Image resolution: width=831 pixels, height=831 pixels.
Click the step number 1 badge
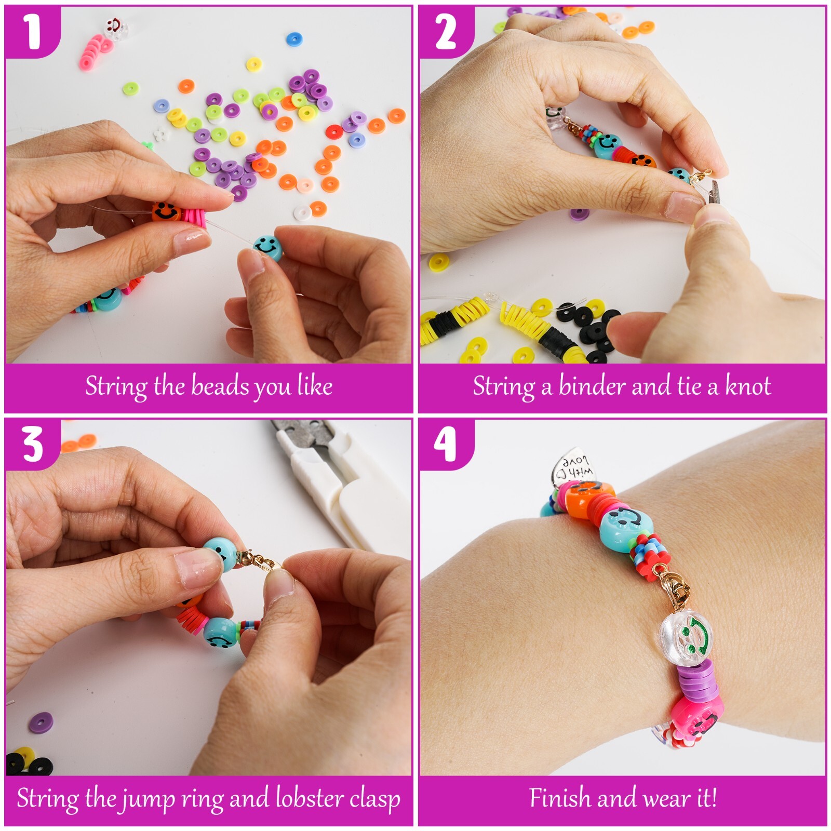[32, 31]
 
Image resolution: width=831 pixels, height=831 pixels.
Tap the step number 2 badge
[446, 31]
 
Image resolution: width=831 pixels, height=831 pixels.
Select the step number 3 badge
[32, 445]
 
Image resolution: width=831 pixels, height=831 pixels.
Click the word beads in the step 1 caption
[220, 386]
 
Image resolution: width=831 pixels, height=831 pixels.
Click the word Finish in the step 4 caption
[560, 798]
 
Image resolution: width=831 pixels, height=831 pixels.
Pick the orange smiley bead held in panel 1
[166, 212]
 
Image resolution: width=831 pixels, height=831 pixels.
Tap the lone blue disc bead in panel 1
[294, 39]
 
